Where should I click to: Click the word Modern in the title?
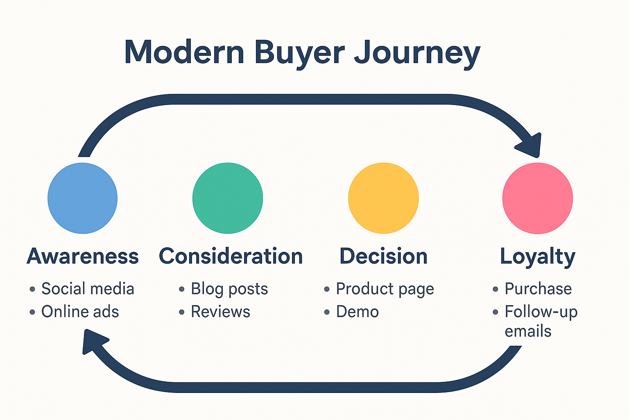184,52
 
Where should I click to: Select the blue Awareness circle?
82,198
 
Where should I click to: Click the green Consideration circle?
228,198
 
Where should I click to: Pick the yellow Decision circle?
383,198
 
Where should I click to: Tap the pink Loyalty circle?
537,198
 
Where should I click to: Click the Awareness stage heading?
83,256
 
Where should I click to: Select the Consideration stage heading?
231,256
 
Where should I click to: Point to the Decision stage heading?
384,256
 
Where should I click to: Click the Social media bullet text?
88,289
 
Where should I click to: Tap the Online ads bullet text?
80,312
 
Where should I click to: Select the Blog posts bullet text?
229,289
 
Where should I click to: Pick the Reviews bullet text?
221,312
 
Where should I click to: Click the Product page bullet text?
385,289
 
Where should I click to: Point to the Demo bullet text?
357,312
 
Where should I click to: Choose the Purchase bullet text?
538,289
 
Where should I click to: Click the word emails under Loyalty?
528,331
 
